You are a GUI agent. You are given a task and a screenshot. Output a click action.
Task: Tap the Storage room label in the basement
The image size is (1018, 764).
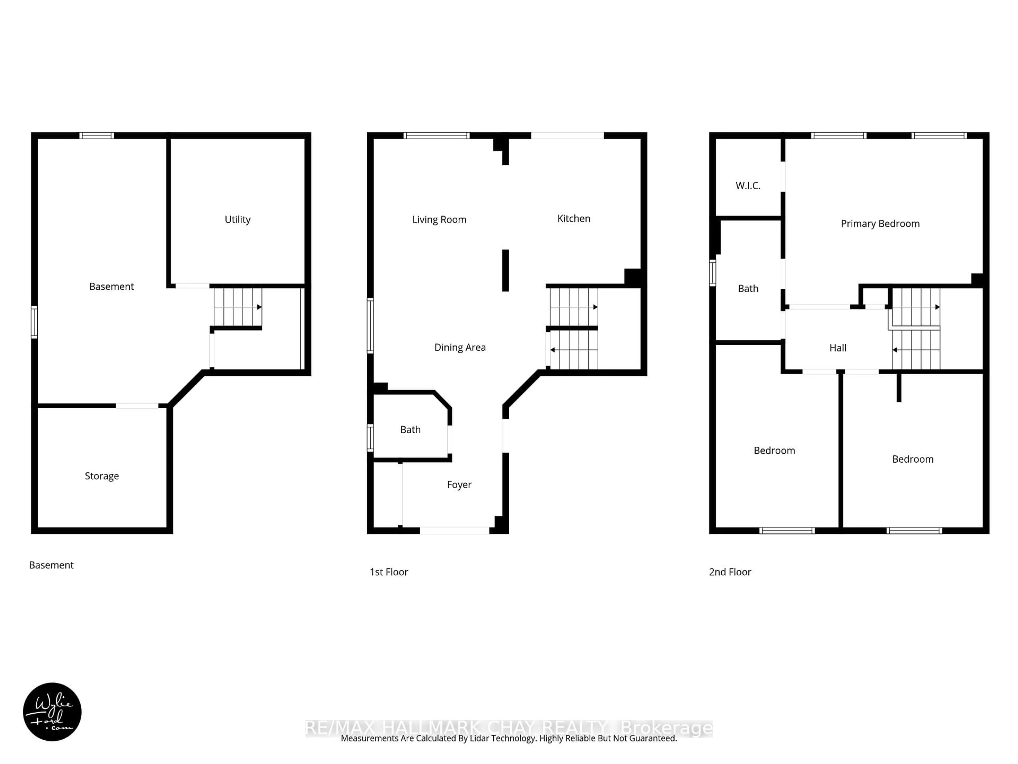pyautogui.click(x=102, y=476)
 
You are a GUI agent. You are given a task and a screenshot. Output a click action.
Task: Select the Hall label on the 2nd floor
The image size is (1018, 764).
pyautogui.click(x=837, y=348)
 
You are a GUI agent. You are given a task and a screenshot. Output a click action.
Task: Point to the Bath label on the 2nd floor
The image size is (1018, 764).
pyautogui.click(x=748, y=289)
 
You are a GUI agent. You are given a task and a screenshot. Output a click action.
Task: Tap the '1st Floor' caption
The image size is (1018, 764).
pyautogui.click(x=389, y=572)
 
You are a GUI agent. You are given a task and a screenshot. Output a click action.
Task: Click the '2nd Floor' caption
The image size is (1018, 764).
pyautogui.click(x=730, y=572)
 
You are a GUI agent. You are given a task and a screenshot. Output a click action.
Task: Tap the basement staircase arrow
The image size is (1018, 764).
pyautogui.click(x=259, y=307)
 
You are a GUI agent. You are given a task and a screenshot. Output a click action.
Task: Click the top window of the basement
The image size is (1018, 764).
pyautogui.click(x=97, y=135)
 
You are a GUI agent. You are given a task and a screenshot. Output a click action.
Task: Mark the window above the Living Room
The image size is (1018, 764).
pyautogui.click(x=436, y=135)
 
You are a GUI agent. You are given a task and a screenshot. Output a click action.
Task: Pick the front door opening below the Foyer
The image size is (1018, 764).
pyautogui.click(x=454, y=531)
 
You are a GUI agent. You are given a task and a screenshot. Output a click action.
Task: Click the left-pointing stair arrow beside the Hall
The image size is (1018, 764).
pyautogui.click(x=895, y=350)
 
